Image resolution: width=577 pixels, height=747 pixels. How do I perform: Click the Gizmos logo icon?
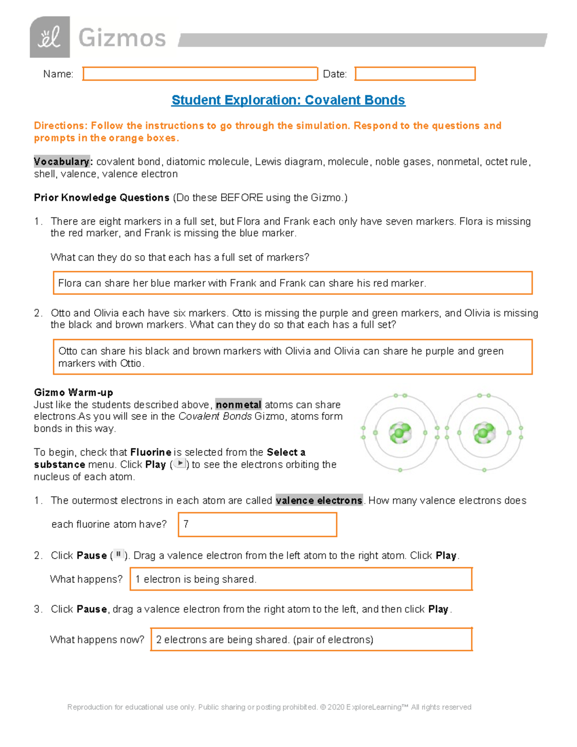point(50,37)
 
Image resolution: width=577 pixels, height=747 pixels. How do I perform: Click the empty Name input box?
point(200,74)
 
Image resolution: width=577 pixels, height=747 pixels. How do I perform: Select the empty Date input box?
point(415,74)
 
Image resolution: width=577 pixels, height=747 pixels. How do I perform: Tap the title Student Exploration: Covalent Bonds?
point(288,100)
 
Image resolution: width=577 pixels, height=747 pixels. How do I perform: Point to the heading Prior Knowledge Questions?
point(101,198)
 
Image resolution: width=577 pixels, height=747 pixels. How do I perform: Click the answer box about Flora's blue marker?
point(292,283)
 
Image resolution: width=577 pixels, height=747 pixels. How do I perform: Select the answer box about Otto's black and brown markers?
point(292,357)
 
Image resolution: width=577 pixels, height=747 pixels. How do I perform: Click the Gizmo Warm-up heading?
point(74,392)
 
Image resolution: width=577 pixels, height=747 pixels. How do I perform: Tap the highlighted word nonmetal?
point(238,405)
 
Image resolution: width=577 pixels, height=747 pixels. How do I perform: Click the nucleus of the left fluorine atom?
point(400,432)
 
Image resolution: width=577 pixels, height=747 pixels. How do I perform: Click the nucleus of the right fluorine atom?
point(484,432)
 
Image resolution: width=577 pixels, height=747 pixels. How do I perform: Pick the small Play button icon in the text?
point(179,464)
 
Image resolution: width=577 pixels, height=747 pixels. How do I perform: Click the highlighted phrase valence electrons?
point(319,500)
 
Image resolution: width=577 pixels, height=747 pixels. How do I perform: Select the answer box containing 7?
point(257,524)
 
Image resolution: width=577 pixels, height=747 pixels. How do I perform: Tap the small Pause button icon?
point(118,555)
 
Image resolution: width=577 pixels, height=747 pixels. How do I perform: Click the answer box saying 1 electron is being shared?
point(301,579)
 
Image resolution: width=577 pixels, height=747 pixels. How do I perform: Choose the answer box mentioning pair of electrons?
point(311,639)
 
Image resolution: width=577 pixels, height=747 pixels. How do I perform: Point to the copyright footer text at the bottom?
point(269,707)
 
